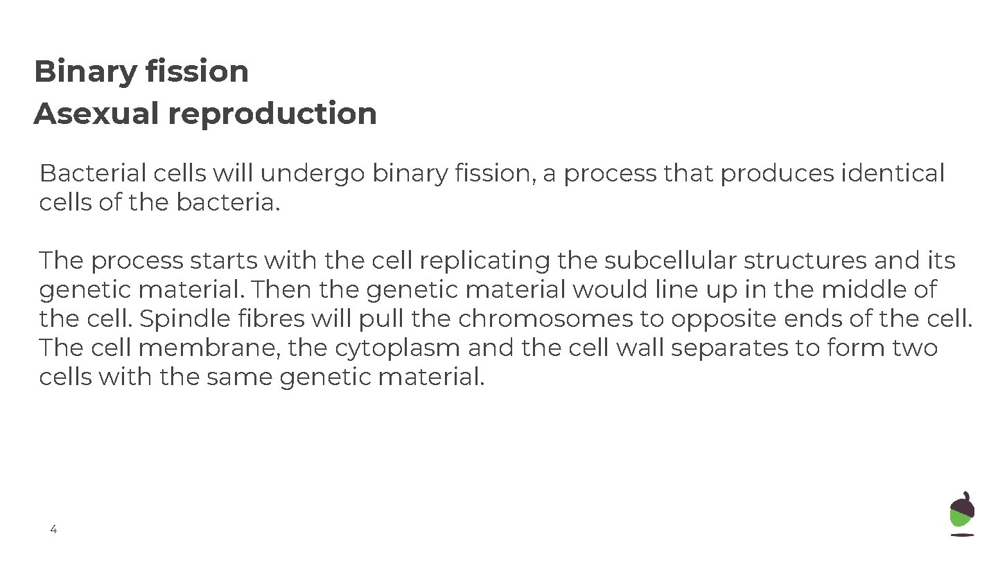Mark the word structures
point(805,260)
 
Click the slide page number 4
point(53,530)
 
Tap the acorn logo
point(962,513)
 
